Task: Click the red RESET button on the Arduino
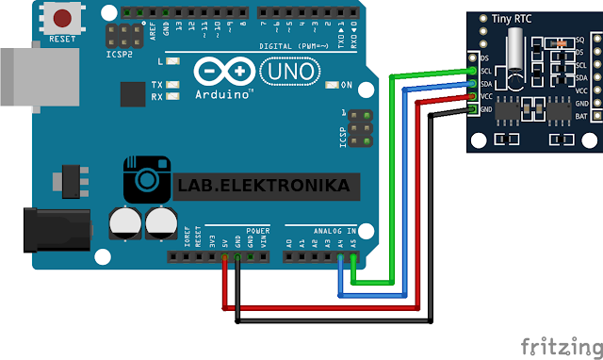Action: click(64, 19)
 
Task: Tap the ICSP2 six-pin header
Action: click(120, 39)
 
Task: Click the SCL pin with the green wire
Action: click(472, 71)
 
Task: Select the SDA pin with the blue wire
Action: click(472, 84)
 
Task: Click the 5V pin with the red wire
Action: click(224, 255)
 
